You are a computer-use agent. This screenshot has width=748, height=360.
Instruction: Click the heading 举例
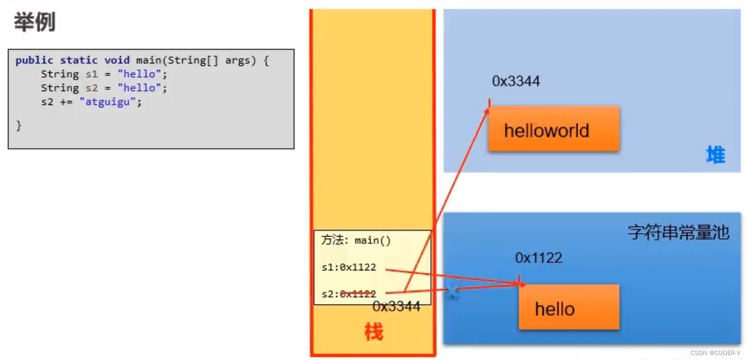(34, 22)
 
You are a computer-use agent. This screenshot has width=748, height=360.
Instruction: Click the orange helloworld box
(553, 129)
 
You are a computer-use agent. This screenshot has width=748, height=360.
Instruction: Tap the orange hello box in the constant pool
(569, 307)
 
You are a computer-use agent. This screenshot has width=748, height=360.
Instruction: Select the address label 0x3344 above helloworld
(516, 81)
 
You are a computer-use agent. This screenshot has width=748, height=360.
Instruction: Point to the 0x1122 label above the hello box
(538, 257)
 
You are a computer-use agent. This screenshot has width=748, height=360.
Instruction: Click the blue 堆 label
(715, 155)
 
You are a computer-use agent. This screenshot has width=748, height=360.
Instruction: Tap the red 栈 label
(374, 331)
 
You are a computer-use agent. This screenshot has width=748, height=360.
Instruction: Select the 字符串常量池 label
(678, 232)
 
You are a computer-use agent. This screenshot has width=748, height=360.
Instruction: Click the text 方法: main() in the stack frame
(356, 241)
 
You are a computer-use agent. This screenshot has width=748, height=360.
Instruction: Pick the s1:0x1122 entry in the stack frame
(349, 267)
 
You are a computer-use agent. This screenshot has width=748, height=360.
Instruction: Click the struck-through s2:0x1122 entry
(349, 294)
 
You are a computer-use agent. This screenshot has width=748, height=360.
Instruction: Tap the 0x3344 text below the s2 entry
(396, 307)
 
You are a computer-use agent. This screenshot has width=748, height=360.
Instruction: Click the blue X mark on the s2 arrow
(452, 291)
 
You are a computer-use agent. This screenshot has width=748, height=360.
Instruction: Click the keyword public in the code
(34, 60)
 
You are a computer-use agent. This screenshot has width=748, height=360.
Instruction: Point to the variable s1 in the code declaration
(92, 74)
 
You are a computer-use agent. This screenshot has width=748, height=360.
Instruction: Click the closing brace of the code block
(19, 125)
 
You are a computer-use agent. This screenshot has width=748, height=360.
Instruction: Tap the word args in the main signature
(238, 60)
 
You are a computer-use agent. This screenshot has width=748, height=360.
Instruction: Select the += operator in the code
(66, 102)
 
